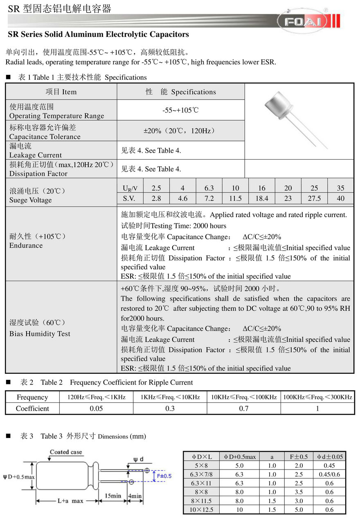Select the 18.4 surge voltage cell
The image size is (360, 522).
[261, 199]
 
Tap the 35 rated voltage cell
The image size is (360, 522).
[340, 188]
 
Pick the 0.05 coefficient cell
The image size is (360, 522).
[96, 409]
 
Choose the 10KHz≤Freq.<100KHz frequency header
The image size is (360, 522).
[244, 397]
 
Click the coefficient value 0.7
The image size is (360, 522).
[244, 409]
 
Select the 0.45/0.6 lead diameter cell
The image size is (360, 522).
[329, 475]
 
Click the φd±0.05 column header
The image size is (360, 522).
[329, 457]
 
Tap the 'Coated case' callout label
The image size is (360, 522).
[66, 452]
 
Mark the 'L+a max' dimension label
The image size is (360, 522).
[70, 501]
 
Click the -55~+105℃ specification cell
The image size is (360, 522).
[180, 111]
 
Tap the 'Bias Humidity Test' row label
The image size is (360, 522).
[40, 334]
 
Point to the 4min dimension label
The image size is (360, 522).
[135, 495]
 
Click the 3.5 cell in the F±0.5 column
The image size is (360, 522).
[299, 492]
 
